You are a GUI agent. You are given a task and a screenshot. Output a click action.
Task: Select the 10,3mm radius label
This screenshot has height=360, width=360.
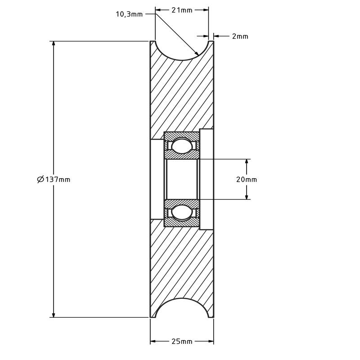pyautogui.click(x=129, y=14)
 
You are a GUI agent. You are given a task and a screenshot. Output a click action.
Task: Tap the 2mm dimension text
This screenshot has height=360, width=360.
pyautogui.click(x=240, y=36)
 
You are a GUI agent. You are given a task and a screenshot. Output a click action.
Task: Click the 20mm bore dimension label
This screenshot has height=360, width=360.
pyautogui.click(x=246, y=180)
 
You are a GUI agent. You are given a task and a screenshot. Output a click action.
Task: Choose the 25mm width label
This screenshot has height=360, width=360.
pyautogui.click(x=182, y=342)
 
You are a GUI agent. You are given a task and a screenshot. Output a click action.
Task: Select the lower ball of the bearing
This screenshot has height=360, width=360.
pyautogui.click(x=181, y=212)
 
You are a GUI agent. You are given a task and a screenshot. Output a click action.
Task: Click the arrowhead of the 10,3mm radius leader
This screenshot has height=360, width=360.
pyautogui.click(x=197, y=54)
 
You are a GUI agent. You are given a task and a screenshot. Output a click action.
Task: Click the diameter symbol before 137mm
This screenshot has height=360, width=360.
pyautogui.click(x=40, y=180)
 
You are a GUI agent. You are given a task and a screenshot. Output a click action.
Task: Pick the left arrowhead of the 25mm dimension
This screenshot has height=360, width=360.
pyautogui.click(x=153, y=342)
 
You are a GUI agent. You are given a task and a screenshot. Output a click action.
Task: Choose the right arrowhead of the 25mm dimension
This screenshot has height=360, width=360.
pyautogui.click(x=211, y=342)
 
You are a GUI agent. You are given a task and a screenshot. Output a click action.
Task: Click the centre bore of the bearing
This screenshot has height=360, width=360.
pyautogui.click(x=182, y=179)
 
